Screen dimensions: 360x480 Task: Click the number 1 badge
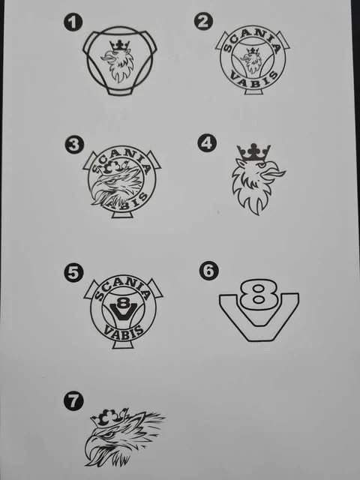(x=73, y=22)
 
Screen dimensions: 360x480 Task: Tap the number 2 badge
(x=203, y=21)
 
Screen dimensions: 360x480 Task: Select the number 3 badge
(x=74, y=145)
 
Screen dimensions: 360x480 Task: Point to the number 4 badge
(x=207, y=143)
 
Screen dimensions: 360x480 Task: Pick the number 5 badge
(x=73, y=273)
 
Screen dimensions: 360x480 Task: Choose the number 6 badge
(x=208, y=271)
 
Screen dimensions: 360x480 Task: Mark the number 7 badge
(x=73, y=400)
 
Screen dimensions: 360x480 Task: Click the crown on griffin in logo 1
(x=120, y=46)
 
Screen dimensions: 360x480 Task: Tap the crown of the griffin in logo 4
(x=253, y=152)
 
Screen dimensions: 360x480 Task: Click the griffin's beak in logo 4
(x=274, y=173)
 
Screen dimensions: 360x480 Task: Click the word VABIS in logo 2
(x=254, y=80)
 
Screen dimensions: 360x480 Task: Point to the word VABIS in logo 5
(x=123, y=331)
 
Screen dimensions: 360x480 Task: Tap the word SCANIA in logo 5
(x=123, y=289)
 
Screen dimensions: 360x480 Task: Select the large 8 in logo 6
(x=258, y=293)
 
